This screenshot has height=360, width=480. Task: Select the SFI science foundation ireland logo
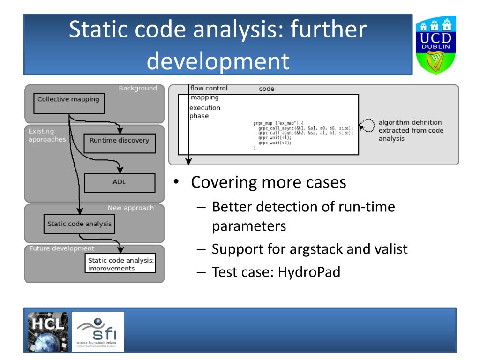[97, 332]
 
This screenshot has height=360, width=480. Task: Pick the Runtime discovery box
[119, 140]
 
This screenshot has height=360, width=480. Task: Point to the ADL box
[119, 183]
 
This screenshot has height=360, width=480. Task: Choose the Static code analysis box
[79, 224]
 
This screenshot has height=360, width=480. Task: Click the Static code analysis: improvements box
[121, 264]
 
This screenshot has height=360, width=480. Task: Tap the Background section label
[138, 89]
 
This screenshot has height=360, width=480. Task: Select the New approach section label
[130, 208]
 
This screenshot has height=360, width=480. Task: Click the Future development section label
[61, 248]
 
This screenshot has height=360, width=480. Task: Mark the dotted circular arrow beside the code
[367, 125]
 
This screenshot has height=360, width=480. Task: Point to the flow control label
[209, 88]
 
